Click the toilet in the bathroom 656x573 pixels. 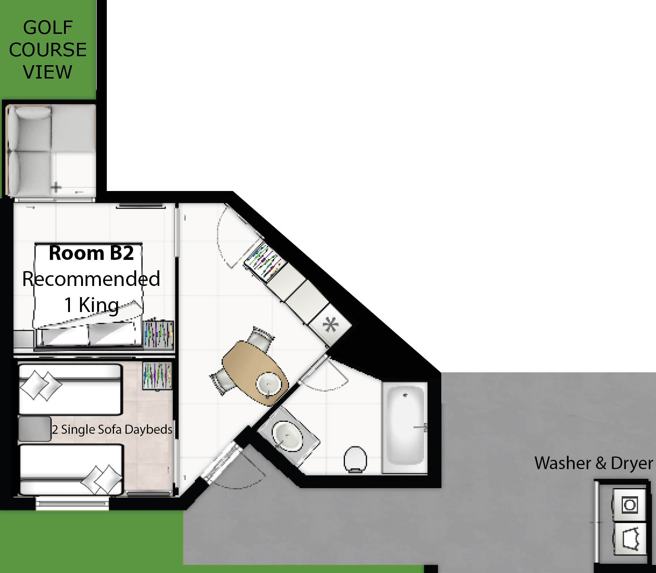[355, 459]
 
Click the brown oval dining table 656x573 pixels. [255, 374]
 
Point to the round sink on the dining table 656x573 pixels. [268, 385]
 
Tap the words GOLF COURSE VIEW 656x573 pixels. [48, 50]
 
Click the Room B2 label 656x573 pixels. [91, 253]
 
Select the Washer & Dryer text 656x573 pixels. [594, 463]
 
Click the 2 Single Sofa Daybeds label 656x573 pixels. [112, 429]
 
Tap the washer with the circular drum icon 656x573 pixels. [630, 505]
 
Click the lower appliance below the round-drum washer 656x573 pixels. [630, 538]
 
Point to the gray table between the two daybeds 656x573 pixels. [35, 429]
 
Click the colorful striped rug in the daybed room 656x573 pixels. [157, 376]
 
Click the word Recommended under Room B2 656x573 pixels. [91, 279]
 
